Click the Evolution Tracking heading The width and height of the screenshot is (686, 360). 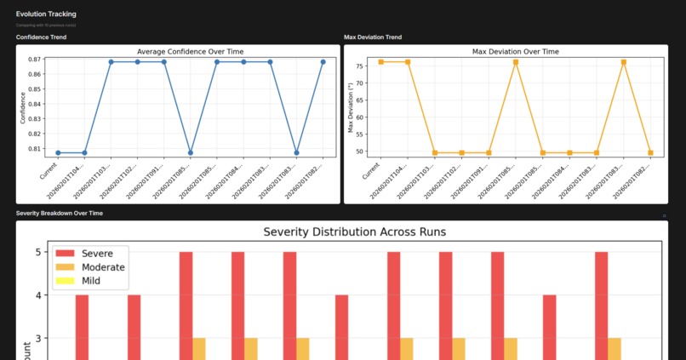(x=46, y=14)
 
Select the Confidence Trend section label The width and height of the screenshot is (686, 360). (x=42, y=37)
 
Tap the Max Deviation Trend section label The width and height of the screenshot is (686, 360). (x=373, y=37)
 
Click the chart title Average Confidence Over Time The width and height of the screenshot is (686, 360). (x=178, y=52)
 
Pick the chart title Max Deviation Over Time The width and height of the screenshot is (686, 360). (x=516, y=52)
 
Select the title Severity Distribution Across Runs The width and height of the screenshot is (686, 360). (x=355, y=231)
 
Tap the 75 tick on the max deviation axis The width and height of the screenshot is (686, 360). (x=361, y=66)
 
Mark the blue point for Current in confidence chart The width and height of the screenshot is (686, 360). (x=58, y=153)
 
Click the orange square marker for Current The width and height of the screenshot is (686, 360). (x=381, y=62)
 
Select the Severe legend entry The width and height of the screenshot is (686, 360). (x=89, y=254)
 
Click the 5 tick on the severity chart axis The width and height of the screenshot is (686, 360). (x=38, y=253)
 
